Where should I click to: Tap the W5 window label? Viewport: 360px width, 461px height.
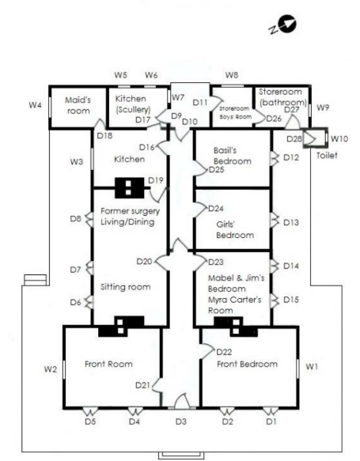pyautogui.click(x=120, y=75)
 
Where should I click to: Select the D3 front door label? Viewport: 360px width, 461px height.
pyautogui.click(x=181, y=421)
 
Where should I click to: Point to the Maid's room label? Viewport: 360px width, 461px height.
pyautogui.click(x=78, y=105)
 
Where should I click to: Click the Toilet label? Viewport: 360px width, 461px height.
pyautogui.click(x=327, y=155)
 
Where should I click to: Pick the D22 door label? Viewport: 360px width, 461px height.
pyautogui.click(x=224, y=352)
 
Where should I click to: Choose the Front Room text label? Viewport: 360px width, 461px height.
pyautogui.click(x=108, y=365)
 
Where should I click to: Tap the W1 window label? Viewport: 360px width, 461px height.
pyautogui.click(x=312, y=367)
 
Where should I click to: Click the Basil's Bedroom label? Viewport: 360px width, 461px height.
pyautogui.click(x=233, y=156)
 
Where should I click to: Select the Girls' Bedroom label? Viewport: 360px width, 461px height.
pyautogui.click(x=235, y=230)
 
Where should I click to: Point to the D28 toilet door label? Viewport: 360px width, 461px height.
pyautogui.click(x=294, y=138)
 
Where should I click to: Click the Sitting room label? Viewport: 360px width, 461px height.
pyautogui.click(x=125, y=287)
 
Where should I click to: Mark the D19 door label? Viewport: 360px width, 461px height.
pyautogui.click(x=156, y=180)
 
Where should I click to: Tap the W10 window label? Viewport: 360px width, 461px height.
pyautogui.click(x=339, y=138)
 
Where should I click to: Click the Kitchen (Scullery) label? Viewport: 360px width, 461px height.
pyautogui.click(x=133, y=104)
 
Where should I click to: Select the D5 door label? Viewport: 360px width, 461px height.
pyautogui.click(x=90, y=421)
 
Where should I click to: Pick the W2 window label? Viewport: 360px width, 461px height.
pyautogui.click(x=51, y=369)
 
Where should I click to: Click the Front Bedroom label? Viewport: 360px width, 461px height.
pyautogui.click(x=247, y=365)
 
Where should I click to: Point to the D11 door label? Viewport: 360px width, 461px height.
pyautogui.click(x=200, y=102)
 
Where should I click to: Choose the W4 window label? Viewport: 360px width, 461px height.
pyautogui.click(x=35, y=104)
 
